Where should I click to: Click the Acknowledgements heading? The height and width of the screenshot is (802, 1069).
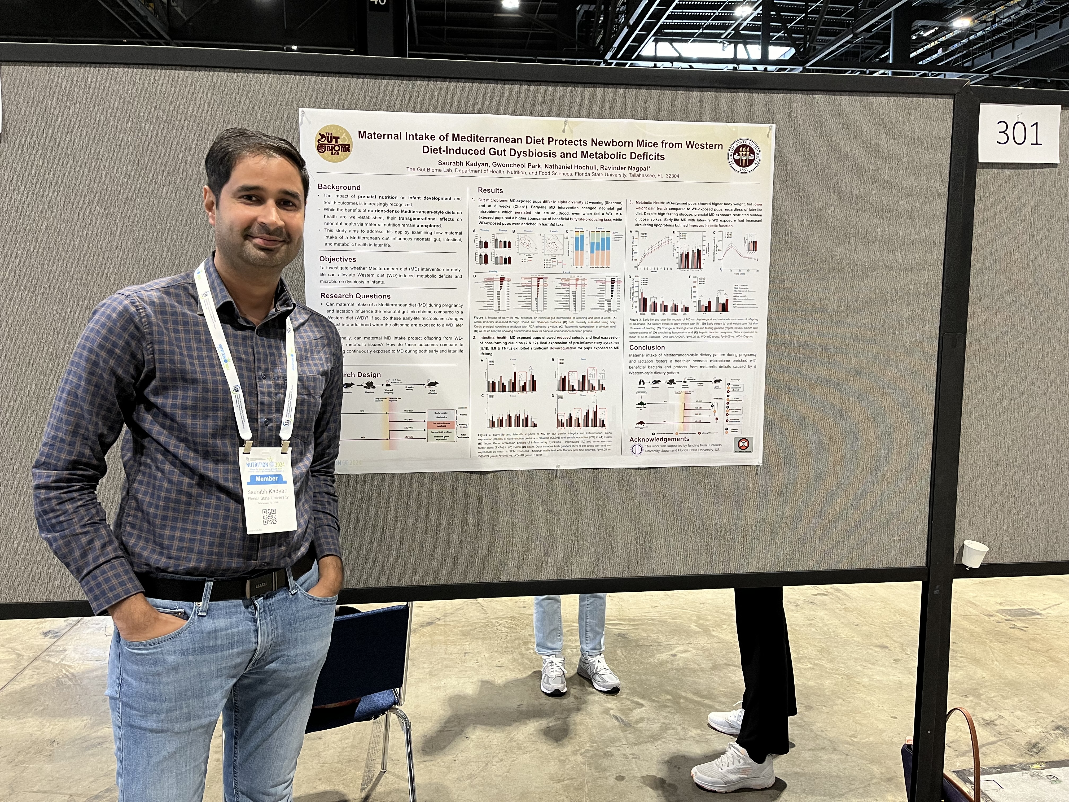tap(659, 439)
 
